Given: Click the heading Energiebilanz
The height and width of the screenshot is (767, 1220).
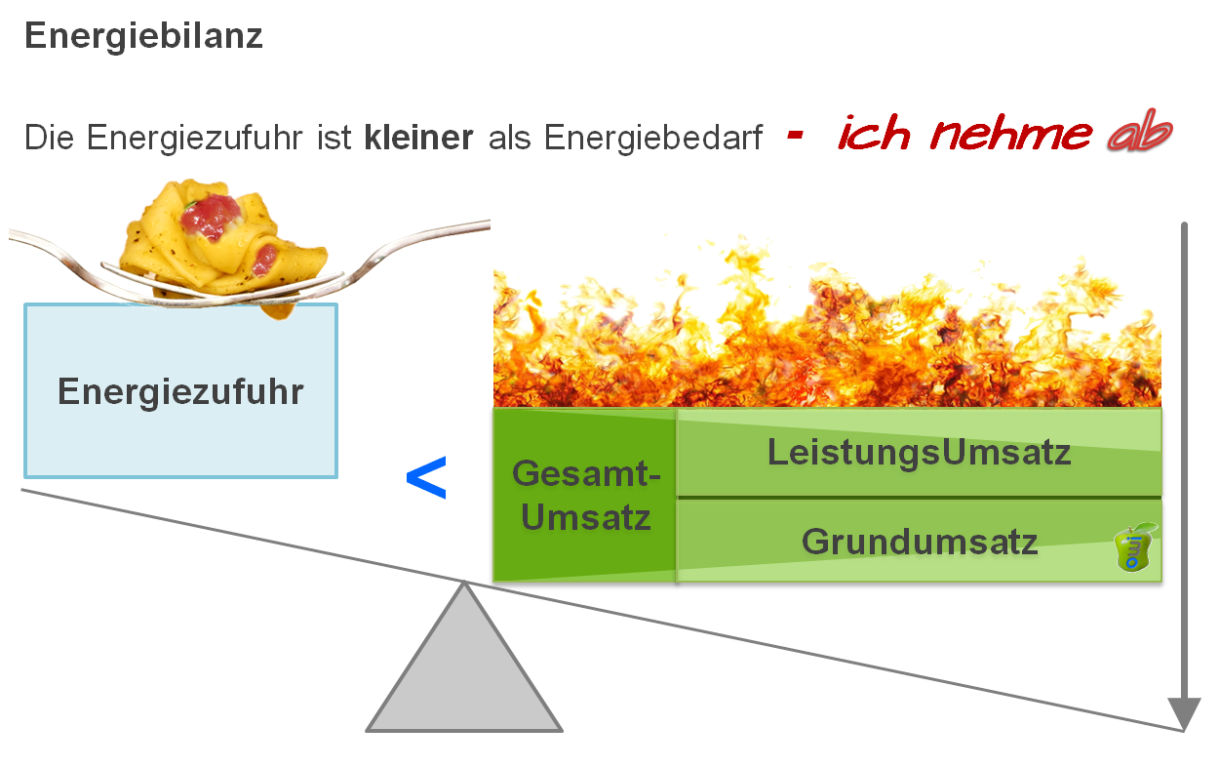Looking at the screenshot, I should (x=143, y=37).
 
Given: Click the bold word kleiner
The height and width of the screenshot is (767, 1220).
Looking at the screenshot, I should (x=418, y=138).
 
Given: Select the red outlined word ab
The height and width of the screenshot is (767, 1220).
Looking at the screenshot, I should (x=1138, y=137).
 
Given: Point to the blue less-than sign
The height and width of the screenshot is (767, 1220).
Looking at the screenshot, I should (x=426, y=478).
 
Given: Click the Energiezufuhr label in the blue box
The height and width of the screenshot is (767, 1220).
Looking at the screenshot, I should (x=180, y=392).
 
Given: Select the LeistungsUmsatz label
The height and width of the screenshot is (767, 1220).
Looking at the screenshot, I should (x=919, y=453).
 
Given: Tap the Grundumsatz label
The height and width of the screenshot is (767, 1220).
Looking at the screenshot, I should (x=919, y=541).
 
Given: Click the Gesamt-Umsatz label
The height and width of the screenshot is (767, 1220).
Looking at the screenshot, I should (x=585, y=496).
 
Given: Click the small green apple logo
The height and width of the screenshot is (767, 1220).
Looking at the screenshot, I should (x=1135, y=548).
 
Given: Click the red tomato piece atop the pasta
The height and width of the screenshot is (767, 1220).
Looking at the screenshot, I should (x=209, y=214).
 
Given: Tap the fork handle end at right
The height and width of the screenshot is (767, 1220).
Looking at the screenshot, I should (x=478, y=225).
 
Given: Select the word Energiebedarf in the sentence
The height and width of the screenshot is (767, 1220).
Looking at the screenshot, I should (x=653, y=138).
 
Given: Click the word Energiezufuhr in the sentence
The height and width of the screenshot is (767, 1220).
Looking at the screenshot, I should (x=196, y=138).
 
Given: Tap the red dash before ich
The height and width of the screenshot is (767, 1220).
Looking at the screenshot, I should (x=795, y=136).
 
